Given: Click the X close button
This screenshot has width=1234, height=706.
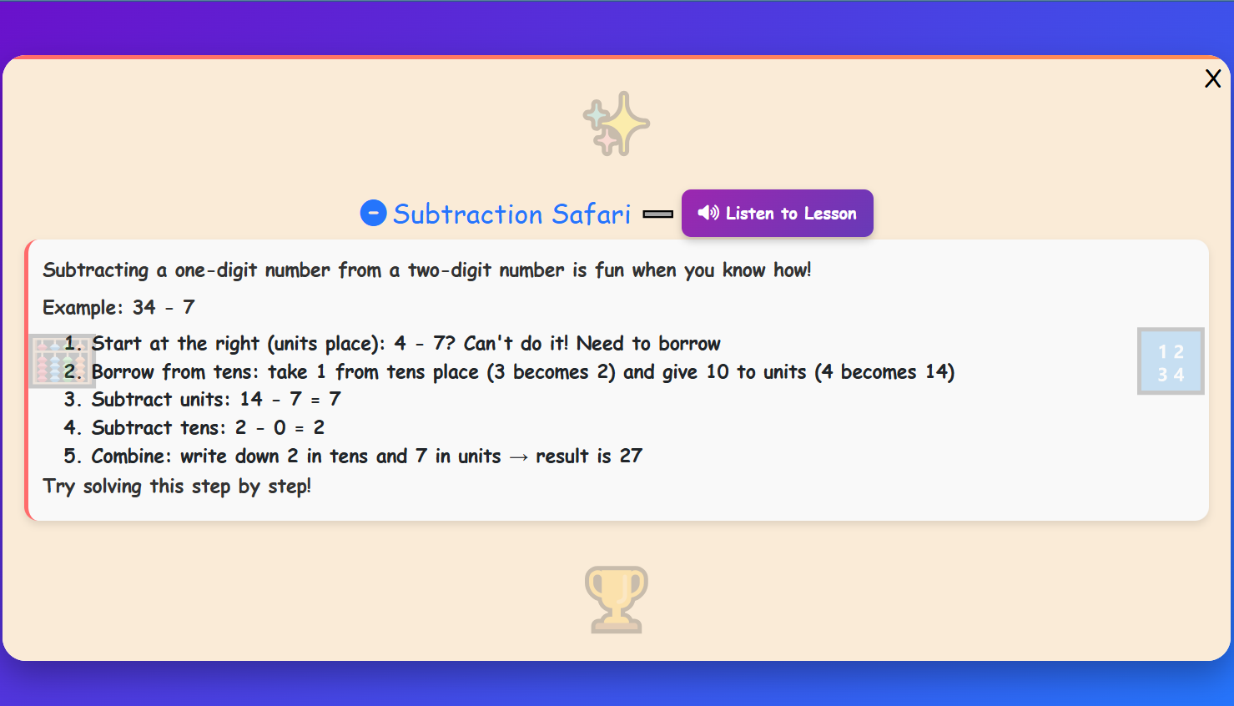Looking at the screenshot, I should pos(1212,78).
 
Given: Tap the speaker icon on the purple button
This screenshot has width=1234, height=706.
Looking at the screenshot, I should pos(708,213).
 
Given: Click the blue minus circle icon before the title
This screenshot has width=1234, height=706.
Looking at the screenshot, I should pos(373,213).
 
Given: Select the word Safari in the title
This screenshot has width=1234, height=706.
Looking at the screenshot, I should pos(591,214).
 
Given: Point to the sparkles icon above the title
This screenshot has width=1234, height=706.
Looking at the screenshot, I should pos(617,124).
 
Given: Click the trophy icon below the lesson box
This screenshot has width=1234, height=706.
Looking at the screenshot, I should pos(617,599).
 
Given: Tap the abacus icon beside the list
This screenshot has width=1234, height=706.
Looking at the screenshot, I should pos(60,361).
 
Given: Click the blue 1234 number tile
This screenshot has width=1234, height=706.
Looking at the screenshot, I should pos(1171,361).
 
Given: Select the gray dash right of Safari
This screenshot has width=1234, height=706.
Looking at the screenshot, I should pos(657,214).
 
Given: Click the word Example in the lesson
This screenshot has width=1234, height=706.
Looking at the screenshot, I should pos(80,307).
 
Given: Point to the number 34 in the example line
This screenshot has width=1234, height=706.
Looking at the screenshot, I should pos(144,307).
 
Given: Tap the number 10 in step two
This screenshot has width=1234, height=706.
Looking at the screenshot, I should pos(718,372).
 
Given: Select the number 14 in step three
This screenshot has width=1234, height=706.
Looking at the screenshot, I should pos(251,400).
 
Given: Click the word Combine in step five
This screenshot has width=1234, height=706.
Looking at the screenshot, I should pos(129,456).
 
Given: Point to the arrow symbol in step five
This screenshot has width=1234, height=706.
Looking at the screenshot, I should pos(518,457).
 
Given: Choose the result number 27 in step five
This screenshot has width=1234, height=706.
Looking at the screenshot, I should pos(631,456).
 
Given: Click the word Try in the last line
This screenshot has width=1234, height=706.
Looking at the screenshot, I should pos(58,487).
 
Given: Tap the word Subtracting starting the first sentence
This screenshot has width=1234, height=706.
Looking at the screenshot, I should pos(95,270).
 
